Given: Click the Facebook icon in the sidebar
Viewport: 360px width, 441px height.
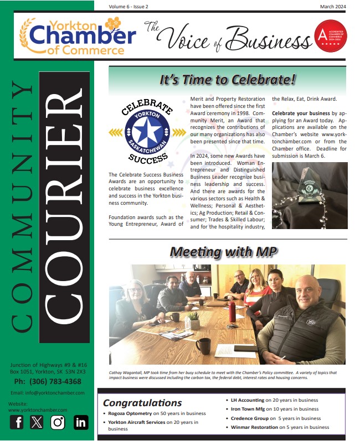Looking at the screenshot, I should [17, 422].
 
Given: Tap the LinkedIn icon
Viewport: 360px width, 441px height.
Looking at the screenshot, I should [81, 422].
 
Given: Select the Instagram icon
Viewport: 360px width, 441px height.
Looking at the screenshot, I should [58, 422].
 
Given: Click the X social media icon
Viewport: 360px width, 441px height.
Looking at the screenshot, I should [37, 422].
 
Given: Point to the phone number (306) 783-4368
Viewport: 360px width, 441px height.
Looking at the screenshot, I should [47, 381].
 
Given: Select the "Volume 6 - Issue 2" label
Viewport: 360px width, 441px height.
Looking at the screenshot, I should [131, 6].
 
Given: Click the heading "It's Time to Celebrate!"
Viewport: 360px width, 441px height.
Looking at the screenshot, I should [227, 80].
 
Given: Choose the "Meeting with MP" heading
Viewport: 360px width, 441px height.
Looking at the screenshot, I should [223, 251].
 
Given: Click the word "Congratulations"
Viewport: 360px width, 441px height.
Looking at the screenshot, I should [142, 403].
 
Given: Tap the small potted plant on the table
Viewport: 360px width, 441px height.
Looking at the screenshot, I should [194, 319].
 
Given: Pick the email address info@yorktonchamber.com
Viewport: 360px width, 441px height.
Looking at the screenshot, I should [47, 393].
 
